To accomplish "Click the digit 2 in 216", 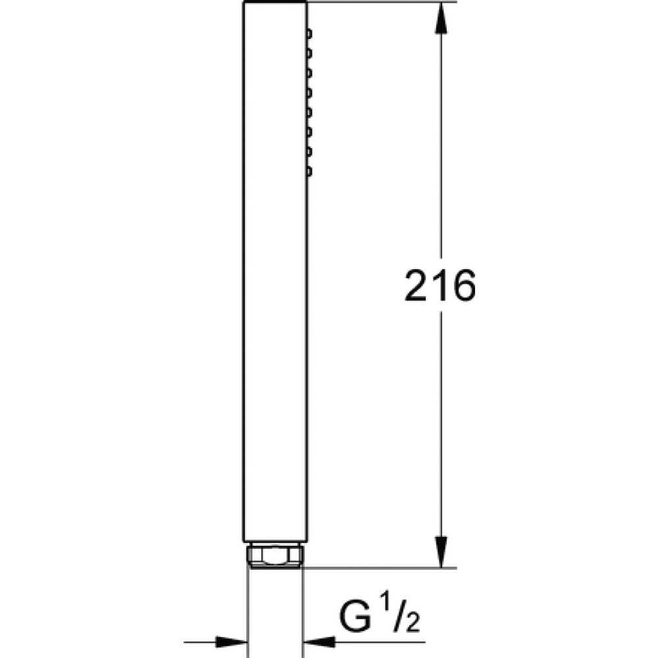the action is pos(417,286).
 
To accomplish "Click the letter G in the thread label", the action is pos(355,617).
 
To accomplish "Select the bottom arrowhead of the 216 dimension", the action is pos(441,552).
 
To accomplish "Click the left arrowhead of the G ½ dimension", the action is pos(231,642).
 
